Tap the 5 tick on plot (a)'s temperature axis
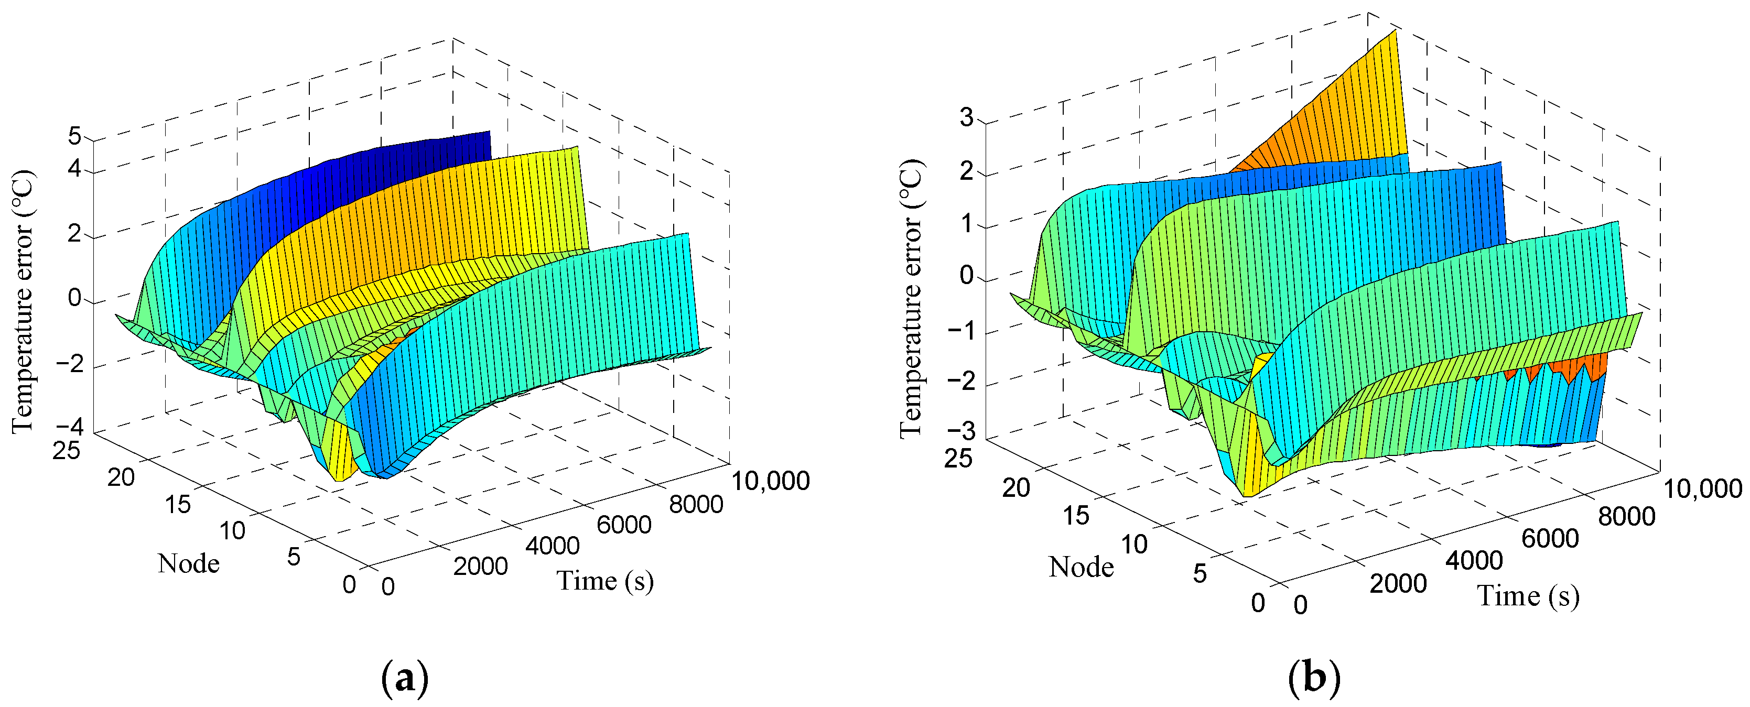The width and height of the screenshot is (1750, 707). (x=74, y=136)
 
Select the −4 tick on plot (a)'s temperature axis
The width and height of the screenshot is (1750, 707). (x=69, y=427)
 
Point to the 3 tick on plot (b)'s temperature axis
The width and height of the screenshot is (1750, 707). (x=966, y=117)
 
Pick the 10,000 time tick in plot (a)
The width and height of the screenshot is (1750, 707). (x=770, y=481)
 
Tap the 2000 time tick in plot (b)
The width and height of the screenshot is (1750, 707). (x=1397, y=583)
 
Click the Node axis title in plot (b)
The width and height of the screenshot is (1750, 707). (x=1081, y=567)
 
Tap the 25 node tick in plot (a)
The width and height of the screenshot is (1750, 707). (x=66, y=450)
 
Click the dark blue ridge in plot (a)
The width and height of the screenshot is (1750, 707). (x=381, y=177)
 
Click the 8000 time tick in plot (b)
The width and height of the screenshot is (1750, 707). (x=1626, y=517)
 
